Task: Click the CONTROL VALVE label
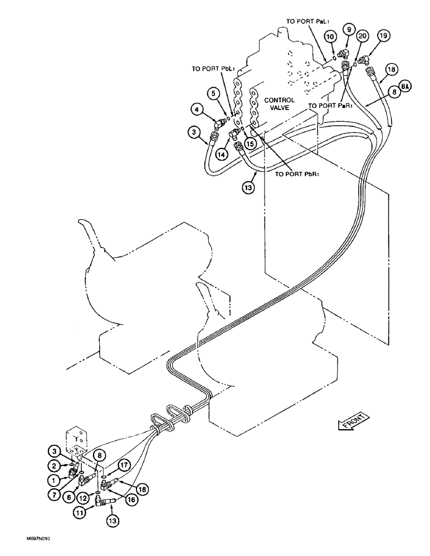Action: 280,105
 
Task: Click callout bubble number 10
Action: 330,36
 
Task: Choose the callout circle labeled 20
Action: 363,36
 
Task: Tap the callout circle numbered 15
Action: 251,145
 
